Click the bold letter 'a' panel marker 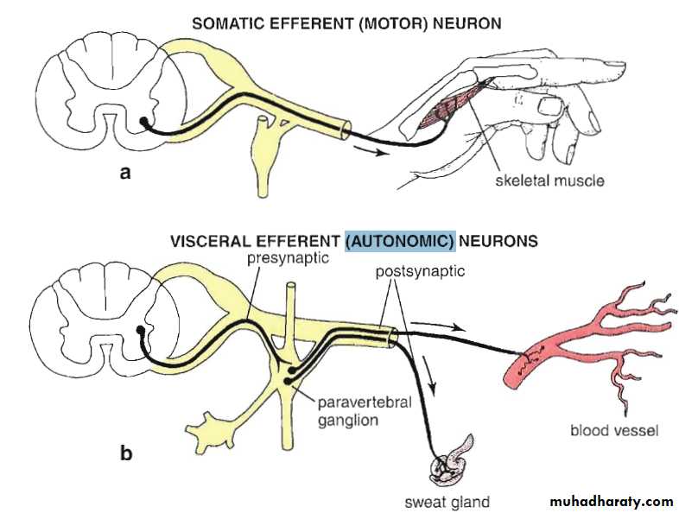[127, 172]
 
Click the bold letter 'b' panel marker [126, 452]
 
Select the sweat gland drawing [450, 465]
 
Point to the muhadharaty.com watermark [611, 501]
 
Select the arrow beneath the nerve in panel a [366, 153]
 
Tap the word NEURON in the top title [468, 23]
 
